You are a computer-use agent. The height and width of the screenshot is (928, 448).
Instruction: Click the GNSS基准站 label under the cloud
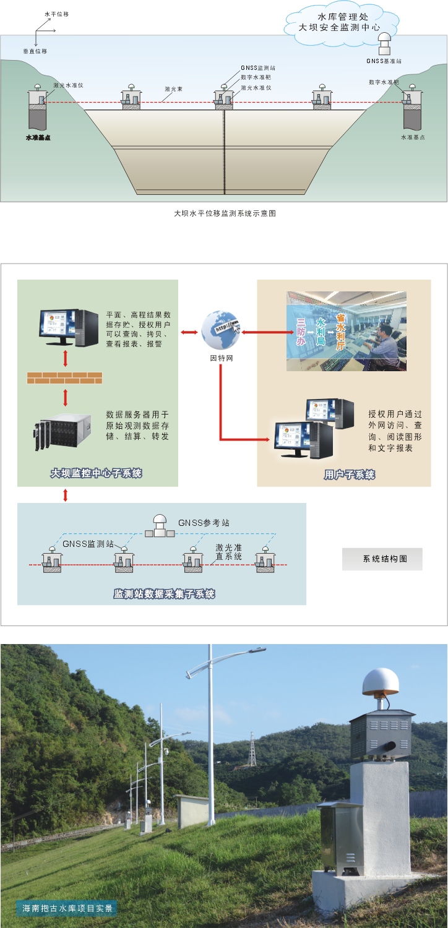point(384,61)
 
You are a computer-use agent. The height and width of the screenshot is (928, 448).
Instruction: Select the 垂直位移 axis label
point(35,51)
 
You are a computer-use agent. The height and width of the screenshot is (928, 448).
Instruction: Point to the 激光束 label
point(173,89)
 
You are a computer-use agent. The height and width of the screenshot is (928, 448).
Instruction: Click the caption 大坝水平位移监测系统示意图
point(225,213)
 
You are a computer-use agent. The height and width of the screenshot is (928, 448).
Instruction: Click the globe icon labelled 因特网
point(220,330)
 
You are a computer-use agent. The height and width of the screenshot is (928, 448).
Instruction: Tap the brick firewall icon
point(64,377)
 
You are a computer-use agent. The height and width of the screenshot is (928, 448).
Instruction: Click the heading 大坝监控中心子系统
point(97,474)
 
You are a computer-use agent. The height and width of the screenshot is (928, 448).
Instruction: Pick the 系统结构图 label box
point(382,559)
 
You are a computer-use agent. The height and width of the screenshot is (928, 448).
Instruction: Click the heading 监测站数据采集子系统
point(164,594)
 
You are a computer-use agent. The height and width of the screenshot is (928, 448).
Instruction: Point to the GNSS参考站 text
point(204,523)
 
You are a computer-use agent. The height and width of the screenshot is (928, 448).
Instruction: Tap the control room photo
point(347,331)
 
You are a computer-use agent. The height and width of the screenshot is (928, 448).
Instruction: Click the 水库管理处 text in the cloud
point(342,17)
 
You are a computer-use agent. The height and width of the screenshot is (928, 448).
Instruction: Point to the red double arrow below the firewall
point(65,397)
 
